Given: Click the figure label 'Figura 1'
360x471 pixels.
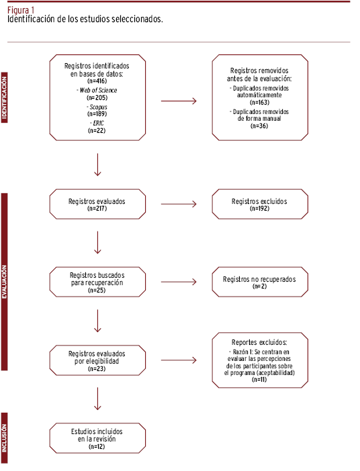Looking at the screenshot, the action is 21,10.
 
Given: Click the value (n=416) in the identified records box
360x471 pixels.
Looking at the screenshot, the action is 97,81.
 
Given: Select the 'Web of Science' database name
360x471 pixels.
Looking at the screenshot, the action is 98,90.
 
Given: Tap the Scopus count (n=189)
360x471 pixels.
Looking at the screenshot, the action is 97,114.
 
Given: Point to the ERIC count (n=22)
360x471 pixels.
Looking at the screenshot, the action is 97,130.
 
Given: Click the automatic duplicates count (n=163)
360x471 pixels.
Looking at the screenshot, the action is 259,103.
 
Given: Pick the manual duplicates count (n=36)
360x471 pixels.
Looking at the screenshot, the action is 259,126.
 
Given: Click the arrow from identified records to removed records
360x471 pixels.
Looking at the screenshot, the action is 179,101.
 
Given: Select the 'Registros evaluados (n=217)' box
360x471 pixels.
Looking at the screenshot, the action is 97,204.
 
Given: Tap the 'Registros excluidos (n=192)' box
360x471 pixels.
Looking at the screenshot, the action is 260,204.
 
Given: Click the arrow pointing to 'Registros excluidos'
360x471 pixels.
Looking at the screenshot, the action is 179,204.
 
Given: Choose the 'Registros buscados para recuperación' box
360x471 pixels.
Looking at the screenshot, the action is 97,282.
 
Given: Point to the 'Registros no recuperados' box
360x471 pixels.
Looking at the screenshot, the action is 260,282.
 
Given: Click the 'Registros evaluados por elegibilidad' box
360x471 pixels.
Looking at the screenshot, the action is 97,360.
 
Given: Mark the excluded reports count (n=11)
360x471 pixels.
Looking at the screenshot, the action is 259,380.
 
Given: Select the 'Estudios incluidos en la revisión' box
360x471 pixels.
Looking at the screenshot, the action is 97,438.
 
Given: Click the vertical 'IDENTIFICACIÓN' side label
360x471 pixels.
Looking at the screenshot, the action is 4,98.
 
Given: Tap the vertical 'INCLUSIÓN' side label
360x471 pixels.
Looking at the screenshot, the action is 4,438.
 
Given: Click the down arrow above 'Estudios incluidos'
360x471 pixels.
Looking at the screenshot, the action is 97,399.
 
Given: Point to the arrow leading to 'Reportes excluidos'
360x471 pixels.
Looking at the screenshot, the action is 179,360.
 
